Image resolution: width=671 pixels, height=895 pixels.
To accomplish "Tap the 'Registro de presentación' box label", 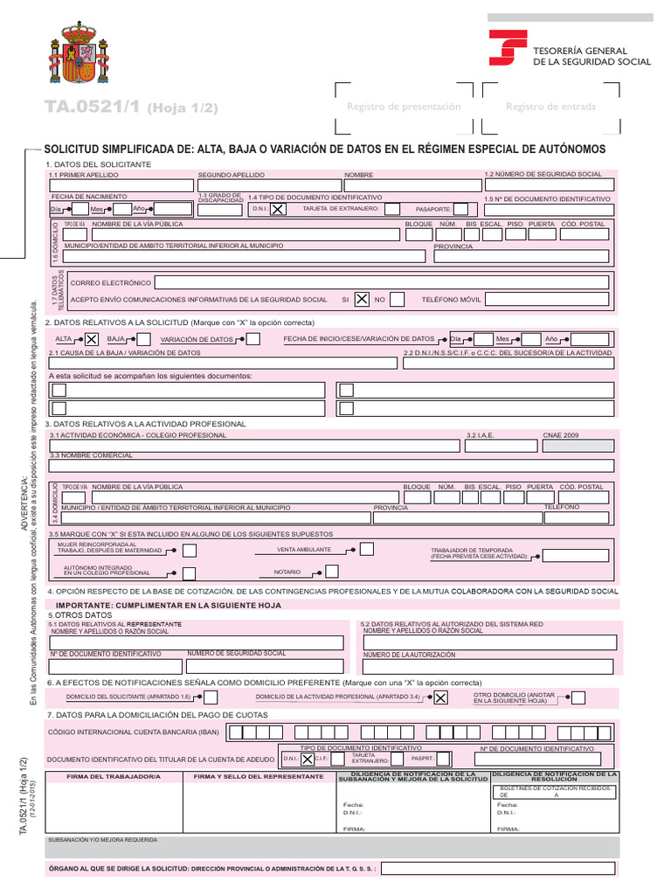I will [x=404, y=107].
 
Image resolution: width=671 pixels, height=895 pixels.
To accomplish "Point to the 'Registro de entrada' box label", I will [x=550, y=107].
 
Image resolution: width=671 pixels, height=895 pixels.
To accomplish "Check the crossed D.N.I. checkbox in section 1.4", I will [x=276, y=210].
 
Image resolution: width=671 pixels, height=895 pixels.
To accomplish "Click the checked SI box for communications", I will [x=361, y=300].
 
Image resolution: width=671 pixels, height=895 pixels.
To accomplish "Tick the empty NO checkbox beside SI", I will [x=397, y=300].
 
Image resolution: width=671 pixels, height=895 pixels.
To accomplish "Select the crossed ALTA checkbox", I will [x=91, y=339].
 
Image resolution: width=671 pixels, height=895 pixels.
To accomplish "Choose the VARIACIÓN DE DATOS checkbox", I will [x=252, y=339].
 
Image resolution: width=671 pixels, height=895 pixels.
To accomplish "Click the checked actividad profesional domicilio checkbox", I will [x=440, y=697].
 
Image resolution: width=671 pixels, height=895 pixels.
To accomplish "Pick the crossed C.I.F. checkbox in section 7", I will [x=307, y=760].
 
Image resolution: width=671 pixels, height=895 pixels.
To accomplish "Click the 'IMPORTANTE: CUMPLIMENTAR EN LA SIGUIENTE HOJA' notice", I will [x=169, y=605].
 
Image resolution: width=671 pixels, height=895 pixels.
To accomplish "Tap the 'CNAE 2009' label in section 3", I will [x=561, y=434].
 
